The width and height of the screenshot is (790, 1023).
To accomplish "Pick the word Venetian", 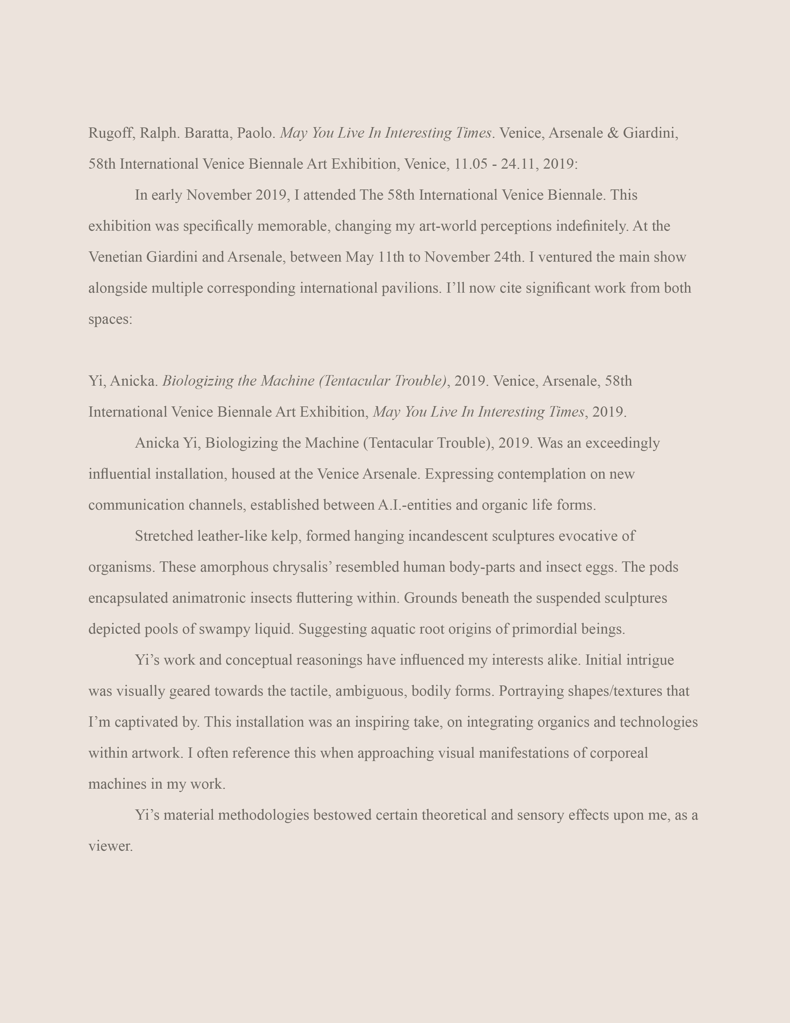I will coord(115,257).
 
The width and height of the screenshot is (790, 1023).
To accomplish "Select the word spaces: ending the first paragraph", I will coord(111,319).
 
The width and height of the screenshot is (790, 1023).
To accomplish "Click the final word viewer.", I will coord(111,846).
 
